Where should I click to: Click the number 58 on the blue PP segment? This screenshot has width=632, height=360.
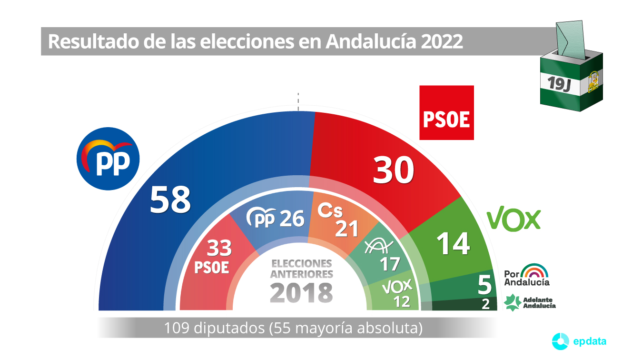click(170, 200)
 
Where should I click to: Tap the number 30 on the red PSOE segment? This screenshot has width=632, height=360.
click(393, 170)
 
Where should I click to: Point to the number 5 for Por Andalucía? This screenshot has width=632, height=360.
click(484, 286)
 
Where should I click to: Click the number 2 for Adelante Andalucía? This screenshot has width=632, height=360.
click(485, 305)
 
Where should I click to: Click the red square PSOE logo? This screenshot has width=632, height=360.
click(446, 113)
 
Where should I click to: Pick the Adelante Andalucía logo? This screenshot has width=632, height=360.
click(529, 302)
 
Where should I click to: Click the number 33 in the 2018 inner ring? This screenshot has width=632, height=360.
click(219, 248)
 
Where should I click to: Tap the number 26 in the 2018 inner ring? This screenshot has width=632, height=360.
click(291, 219)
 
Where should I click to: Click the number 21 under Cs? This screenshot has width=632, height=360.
click(347, 229)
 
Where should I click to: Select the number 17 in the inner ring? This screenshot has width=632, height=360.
click(389, 263)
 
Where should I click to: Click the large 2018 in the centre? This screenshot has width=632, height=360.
click(301, 293)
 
